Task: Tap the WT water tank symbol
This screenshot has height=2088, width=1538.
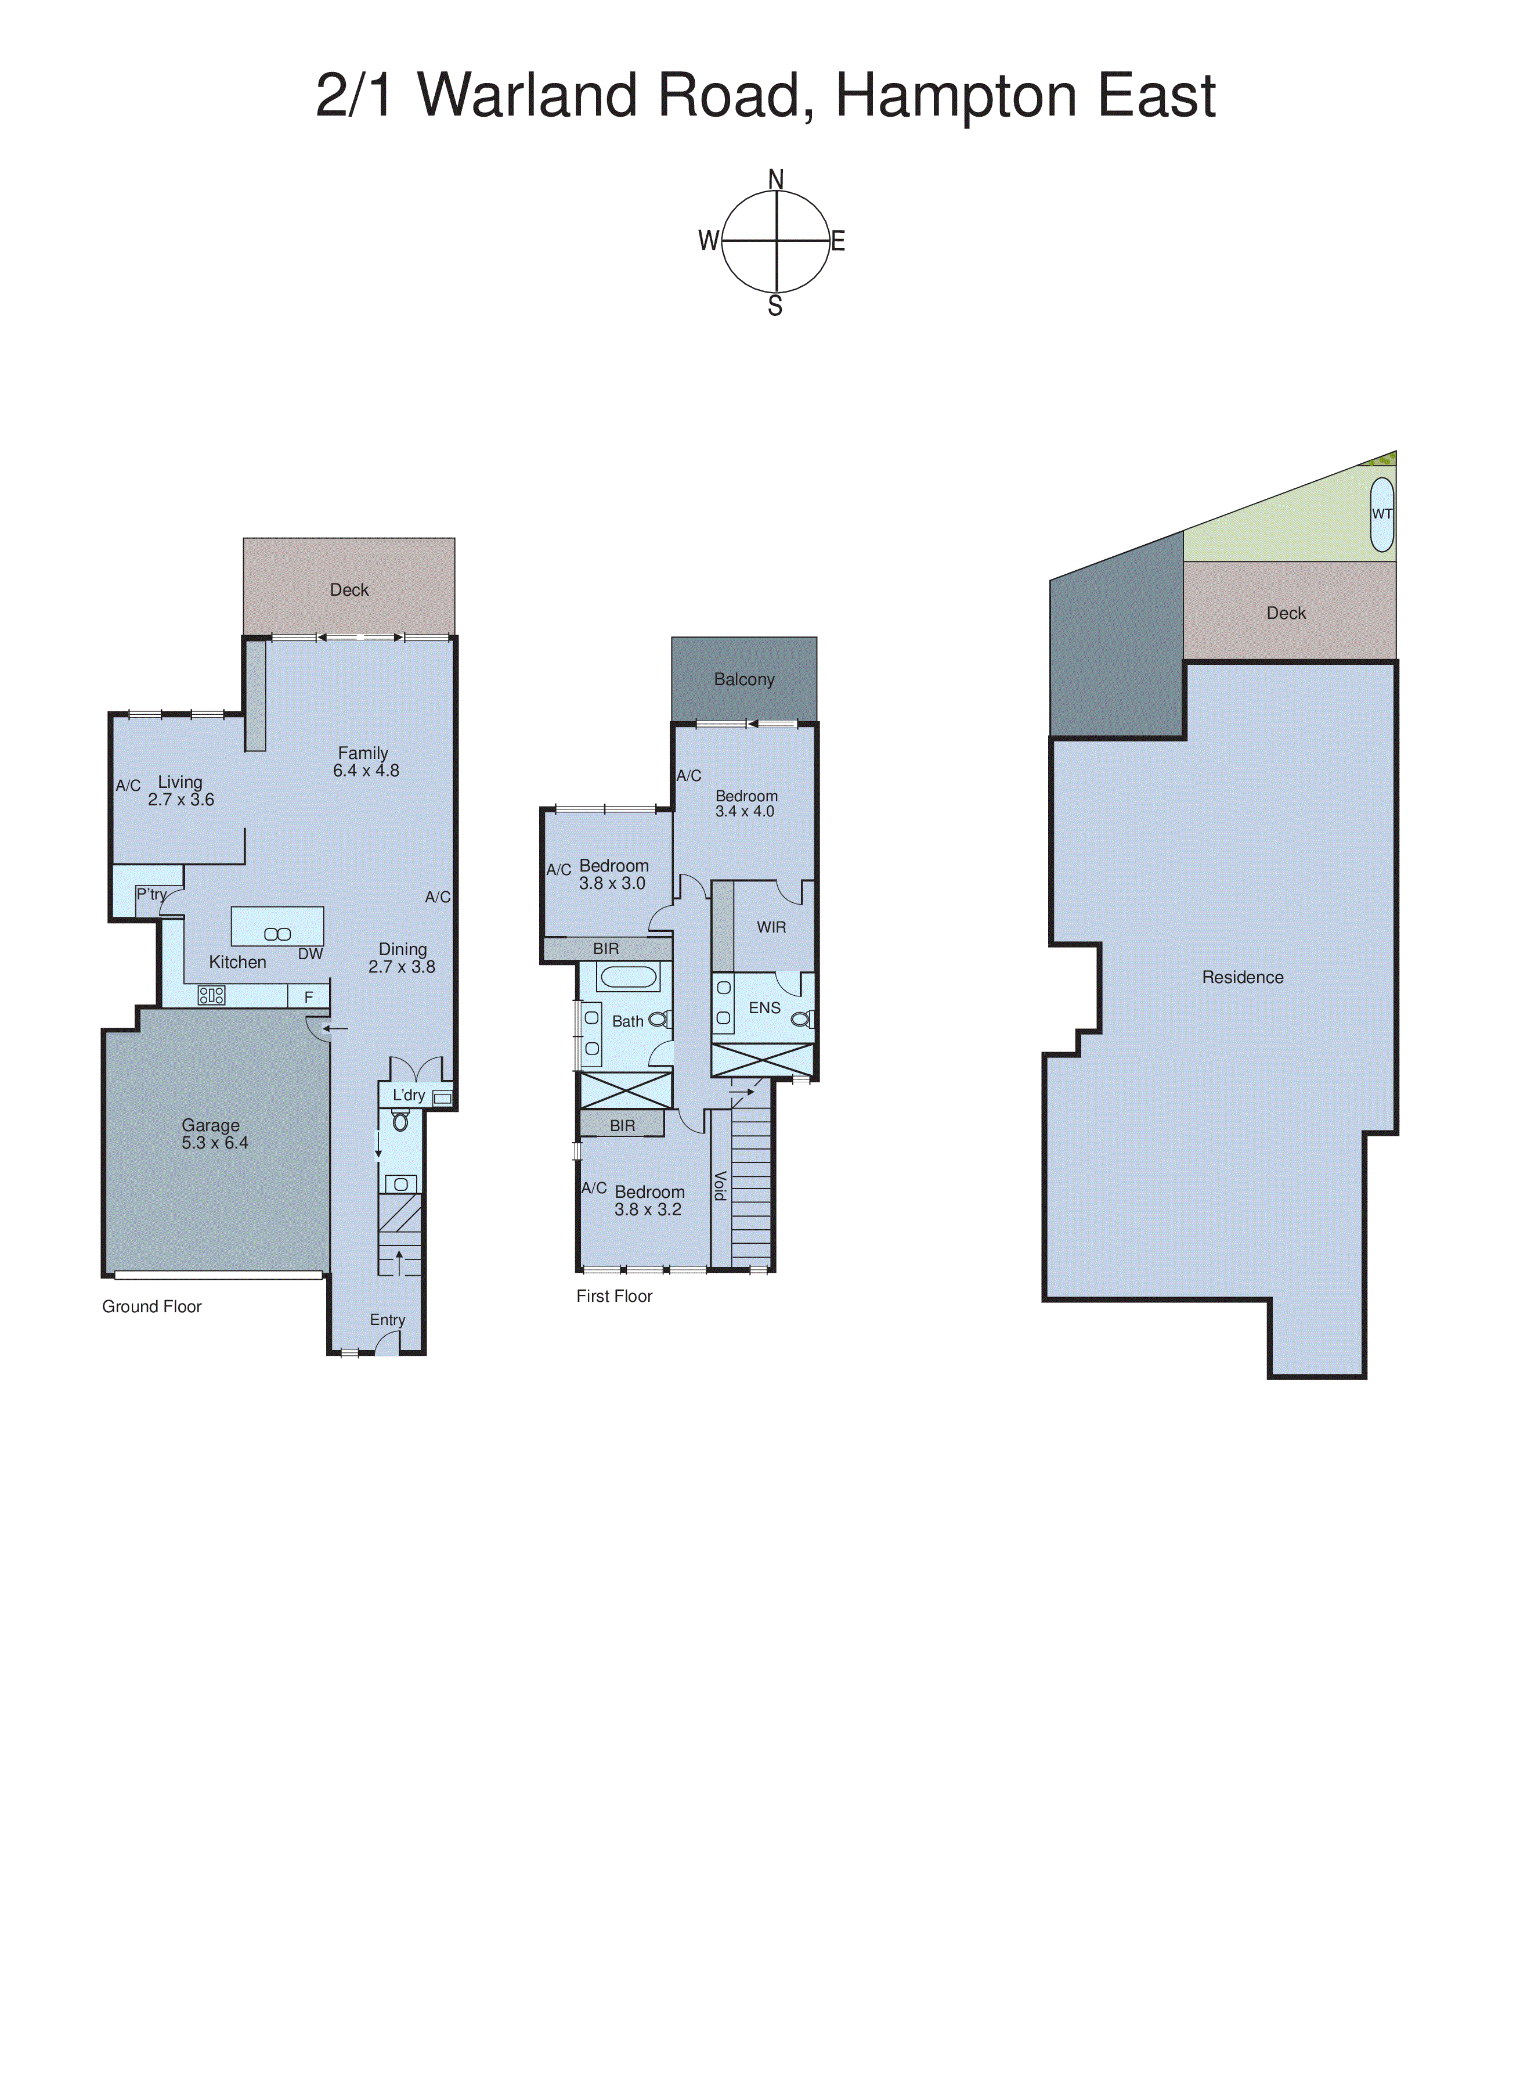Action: tap(1382, 514)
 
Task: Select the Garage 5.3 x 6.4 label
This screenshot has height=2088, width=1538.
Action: tap(214, 1135)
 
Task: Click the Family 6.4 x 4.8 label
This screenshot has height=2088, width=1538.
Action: tap(365, 762)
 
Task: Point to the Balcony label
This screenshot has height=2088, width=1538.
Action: tap(744, 680)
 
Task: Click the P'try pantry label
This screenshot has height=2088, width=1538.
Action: tap(151, 894)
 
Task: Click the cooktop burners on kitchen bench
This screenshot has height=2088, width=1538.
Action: tap(211, 996)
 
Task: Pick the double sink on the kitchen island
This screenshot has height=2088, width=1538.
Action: tap(277, 934)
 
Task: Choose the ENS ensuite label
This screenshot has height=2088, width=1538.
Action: tap(764, 1007)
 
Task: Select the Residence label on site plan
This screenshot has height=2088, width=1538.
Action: tap(1242, 977)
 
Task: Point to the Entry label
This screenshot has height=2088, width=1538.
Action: tap(387, 1320)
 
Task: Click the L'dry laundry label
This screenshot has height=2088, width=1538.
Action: tap(408, 1095)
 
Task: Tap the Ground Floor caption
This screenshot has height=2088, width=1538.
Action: tap(151, 1306)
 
